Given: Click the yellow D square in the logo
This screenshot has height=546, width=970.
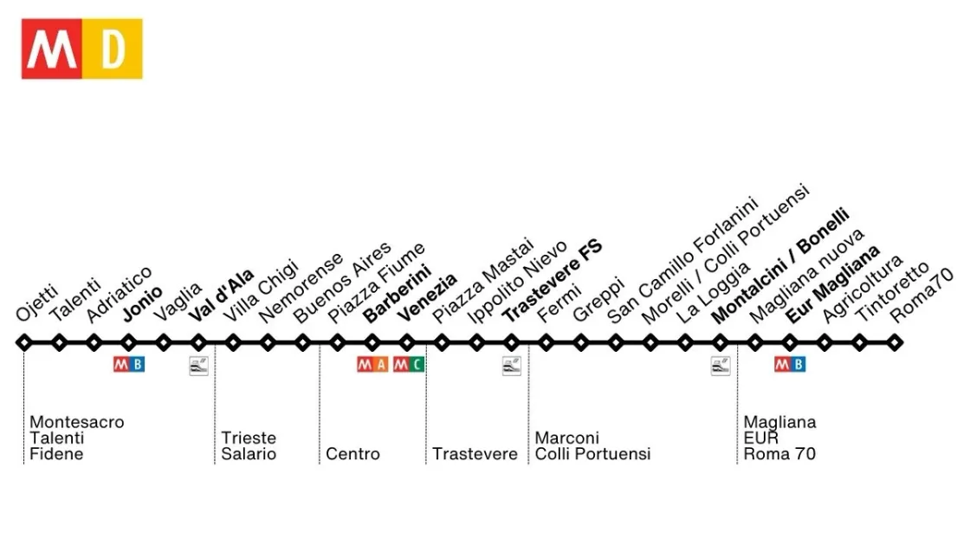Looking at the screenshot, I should (x=113, y=49).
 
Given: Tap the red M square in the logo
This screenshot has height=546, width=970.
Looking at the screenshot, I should (x=52, y=49).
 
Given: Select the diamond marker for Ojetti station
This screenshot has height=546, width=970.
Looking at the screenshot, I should (x=24, y=342).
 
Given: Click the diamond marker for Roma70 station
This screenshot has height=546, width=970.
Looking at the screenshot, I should (x=894, y=342).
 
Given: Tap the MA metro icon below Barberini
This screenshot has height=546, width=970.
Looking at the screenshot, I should (x=372, y=365).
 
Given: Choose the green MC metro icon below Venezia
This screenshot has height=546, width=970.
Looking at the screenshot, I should (x=409, y=365).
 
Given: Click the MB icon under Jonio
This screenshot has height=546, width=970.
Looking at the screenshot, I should (x=129, y=365).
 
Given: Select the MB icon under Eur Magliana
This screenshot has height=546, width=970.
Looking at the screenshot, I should (x=790, y=365).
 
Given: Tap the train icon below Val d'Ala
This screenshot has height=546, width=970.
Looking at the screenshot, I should (x=199, y=366).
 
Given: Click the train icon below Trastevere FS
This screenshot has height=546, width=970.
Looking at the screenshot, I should (x=512, y=366).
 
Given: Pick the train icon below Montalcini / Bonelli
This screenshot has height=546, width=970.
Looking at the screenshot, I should (x=721, y=366).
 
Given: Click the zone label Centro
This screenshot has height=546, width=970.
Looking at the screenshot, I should (x=352, y=454).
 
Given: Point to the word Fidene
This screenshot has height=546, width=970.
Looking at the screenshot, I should (x=56, y=454).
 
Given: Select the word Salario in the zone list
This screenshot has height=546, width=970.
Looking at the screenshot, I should (x=249, y=454).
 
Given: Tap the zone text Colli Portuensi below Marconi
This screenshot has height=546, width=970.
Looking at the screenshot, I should (x=592, y=454).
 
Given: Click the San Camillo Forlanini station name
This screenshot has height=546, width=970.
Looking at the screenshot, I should (x=682, y=260).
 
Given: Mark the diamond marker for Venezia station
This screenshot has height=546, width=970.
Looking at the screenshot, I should (x=407, y=342).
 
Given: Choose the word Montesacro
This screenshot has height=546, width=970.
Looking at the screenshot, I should (x=77, y=422).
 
